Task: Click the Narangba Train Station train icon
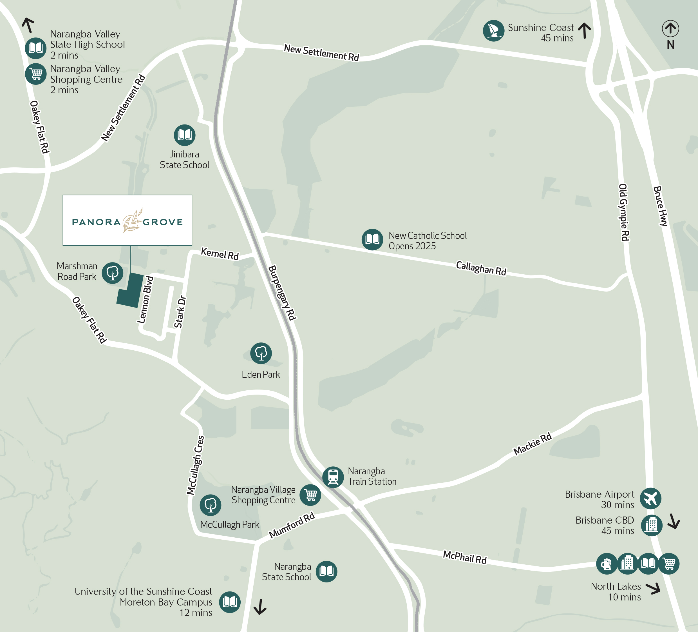tap(333, 477)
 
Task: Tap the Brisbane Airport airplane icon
tap(650, 498)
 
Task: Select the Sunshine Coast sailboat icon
tap(493, 30)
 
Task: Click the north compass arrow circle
tap(670, 28)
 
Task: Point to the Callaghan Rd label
tap(481, 268)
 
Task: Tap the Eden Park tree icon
tap(261, 353)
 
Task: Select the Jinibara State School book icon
tap(185, 135)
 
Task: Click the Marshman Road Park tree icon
tap(113, 273)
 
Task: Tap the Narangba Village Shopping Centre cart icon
tap(310, 495)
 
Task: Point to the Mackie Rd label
tap(532, 444)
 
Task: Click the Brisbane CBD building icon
tap(651, 525)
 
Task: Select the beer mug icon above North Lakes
tap(606, 564)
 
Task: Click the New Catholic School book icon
tap(372, 239)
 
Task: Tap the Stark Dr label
tap(180, 312)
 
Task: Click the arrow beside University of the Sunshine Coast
tap(260, 607)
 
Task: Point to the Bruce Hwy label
tap(660, 206)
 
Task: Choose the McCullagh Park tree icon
tap(210, 505)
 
